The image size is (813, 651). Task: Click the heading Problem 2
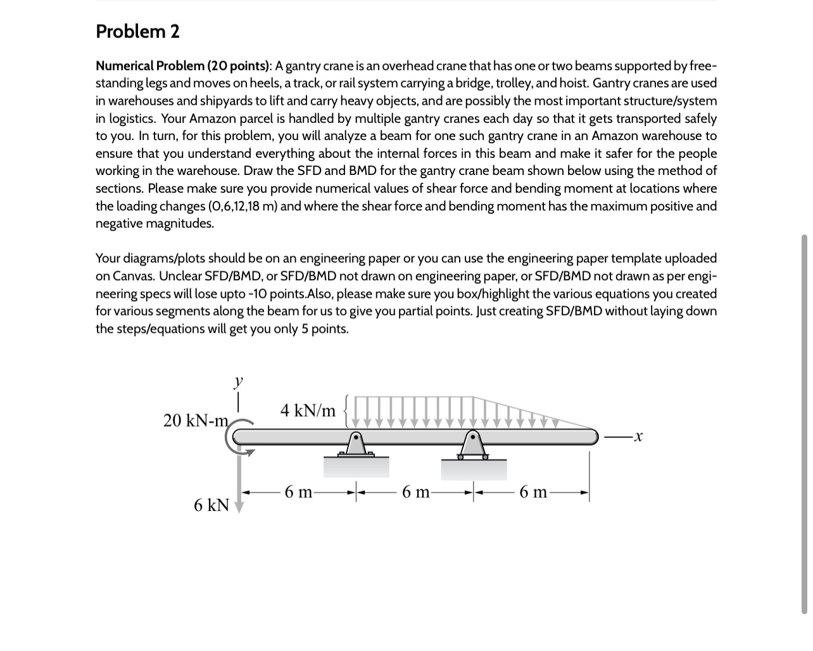click(137, 31)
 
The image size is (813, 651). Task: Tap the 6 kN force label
click(211, 505)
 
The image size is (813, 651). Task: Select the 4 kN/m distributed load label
click(308, 410)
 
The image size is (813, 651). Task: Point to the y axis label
click(238, 382)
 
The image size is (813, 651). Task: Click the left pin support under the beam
click(356, 444)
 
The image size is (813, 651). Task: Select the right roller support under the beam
click(473, 444)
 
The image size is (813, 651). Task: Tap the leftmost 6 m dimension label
click(298, 492)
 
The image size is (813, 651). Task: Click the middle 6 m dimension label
click(415, 492)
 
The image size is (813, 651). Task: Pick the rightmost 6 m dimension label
click(533, 492)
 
